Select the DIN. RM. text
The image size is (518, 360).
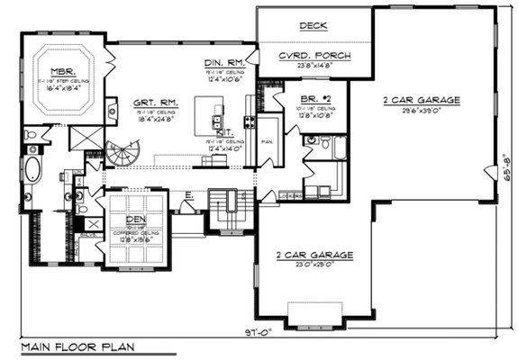221,61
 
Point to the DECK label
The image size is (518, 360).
313,26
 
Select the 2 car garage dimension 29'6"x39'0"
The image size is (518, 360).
421,111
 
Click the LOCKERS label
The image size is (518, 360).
290,194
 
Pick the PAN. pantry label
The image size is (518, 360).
268,141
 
